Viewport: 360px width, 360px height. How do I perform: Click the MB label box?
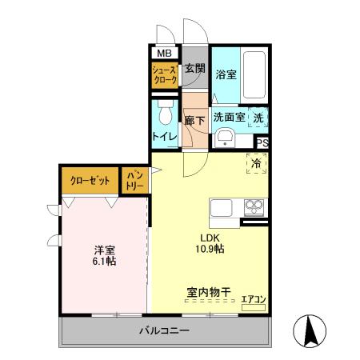(163, 54)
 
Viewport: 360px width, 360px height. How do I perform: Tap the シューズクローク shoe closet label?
(166, 76)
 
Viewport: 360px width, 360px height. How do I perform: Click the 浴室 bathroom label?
(226, 74)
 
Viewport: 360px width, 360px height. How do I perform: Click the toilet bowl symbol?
(166, 115)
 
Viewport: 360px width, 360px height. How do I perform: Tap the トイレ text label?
(165, 136)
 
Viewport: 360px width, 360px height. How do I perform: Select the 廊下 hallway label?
(195, 120)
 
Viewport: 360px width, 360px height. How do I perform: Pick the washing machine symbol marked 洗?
(258, 117)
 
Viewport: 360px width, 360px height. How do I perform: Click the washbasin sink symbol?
(225, 138)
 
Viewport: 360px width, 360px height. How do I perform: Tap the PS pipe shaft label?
(261, 143)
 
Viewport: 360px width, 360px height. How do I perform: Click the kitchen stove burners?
(255, 207)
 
